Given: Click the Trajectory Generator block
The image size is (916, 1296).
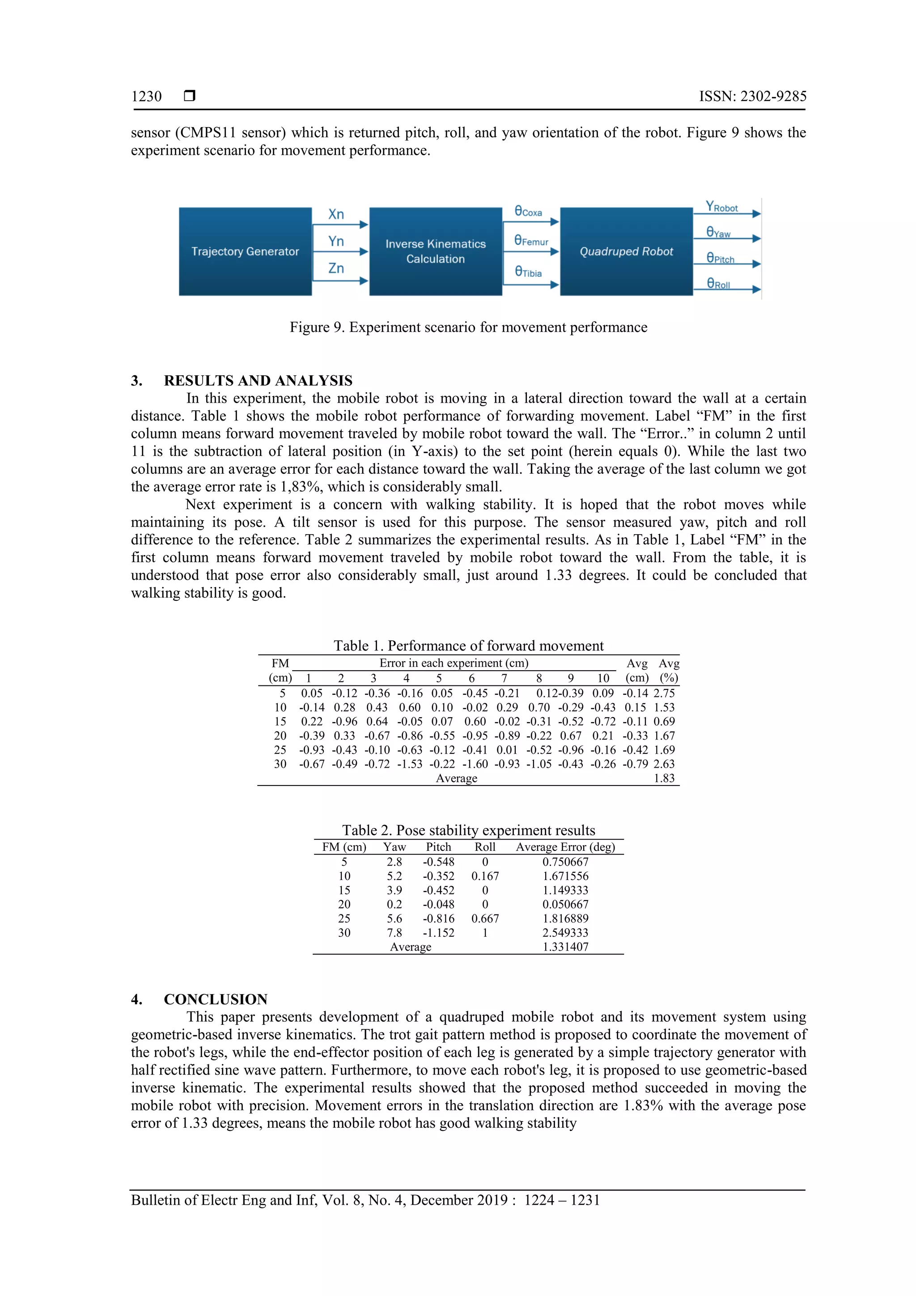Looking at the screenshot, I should click(x=245, y=251).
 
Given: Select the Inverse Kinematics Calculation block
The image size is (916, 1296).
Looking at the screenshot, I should click(x=435, y=251).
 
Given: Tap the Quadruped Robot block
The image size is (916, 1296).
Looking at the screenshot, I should click(x=626, y=251).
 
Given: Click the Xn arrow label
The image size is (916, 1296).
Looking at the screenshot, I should click(x=336, y=214).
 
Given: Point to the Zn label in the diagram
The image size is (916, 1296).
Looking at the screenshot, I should click(x=336, y=268).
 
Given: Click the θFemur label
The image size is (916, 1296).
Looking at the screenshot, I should click(x=531, y=241).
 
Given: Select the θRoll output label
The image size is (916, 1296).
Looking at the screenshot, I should click(x=718, y=284).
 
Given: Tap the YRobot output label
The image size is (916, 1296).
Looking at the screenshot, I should click(x=721, y=207).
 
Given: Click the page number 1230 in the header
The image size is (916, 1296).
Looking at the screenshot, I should click(x=146, y=97).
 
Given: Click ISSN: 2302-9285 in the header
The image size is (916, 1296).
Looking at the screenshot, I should click(x=752, y=97).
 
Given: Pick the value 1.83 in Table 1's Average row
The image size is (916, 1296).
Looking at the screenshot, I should click(x=664, y=778).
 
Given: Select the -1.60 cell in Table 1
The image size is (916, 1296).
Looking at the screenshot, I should click(x=475, y=764).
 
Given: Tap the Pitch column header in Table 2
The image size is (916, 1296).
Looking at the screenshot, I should click(x=438, y=847).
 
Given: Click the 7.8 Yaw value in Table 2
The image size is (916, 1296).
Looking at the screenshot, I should click(x=394, y=932).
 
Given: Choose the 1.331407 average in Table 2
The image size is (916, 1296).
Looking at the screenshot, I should click(x=565, y=947).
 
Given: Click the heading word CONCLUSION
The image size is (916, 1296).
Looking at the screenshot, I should click(x=216, y=999).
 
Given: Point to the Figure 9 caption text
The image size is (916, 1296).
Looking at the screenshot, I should click(x=468, y=327).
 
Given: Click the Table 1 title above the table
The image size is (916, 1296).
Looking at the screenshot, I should click(x=468, y=646).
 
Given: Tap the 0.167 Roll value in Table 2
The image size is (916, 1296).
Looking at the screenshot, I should click(x=485, y=876).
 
